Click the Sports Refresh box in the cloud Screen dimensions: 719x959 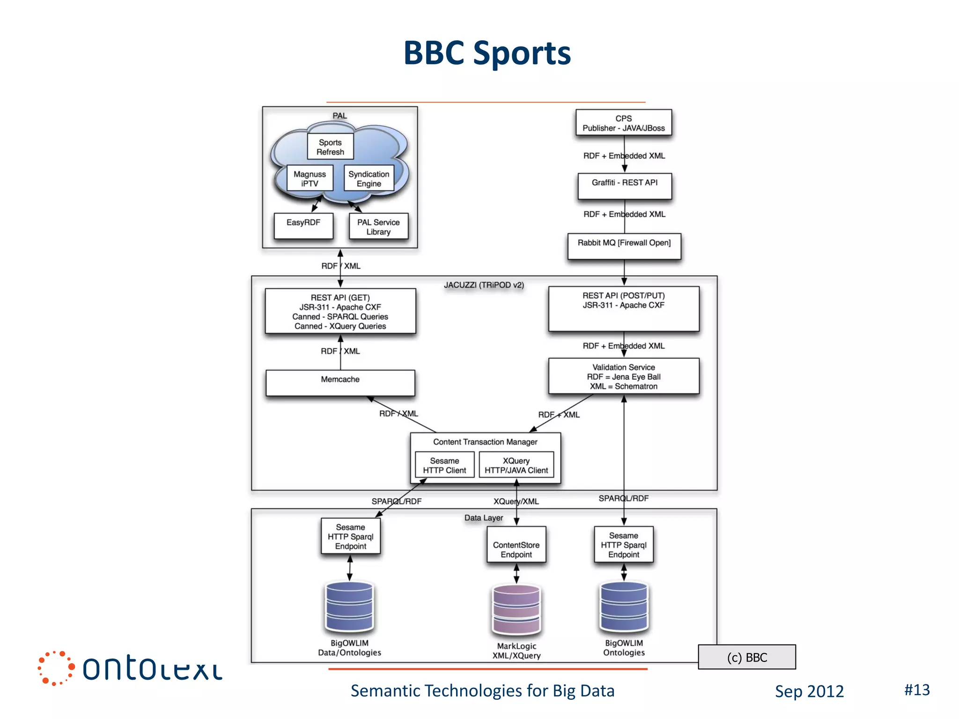tap(330, 147)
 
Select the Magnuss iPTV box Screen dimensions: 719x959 tap(310, 178)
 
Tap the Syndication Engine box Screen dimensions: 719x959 tap(369, 178)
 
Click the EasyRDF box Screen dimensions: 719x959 tap(303, 226)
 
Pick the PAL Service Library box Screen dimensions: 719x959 tap(378, 227)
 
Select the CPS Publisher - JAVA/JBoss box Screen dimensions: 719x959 tap(623, 123)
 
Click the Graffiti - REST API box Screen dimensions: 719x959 tap(624, 186)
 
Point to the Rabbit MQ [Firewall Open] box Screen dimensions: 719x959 tap(624, 246)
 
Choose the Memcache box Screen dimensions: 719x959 tap(340, 382)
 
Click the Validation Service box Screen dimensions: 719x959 tap(623, 376)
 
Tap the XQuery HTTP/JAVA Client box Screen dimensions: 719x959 tap(516, 465)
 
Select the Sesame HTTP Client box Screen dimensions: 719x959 tap(444, 465)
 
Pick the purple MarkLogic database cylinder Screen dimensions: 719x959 tap(516, 608)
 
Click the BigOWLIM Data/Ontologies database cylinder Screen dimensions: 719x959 tap(349, 606)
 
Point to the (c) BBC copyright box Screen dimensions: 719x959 tap(746, 657)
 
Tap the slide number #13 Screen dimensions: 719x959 tap(916, 690)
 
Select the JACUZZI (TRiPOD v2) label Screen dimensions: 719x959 tap(484, 285)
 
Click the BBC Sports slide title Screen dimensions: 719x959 tap(487, 52)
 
